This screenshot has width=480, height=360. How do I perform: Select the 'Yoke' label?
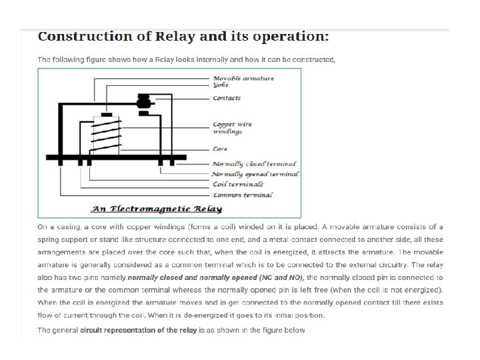point(221,85)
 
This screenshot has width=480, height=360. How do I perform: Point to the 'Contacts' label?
point(227,99)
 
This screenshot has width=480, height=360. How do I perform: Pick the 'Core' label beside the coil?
point(220,149)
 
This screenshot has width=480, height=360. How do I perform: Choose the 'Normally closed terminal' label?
point(254,164)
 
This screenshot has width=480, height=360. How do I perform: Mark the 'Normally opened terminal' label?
point(255,174)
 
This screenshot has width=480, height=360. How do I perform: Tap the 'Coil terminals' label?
point(237,184)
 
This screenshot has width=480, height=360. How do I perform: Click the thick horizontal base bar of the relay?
point(117,157)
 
